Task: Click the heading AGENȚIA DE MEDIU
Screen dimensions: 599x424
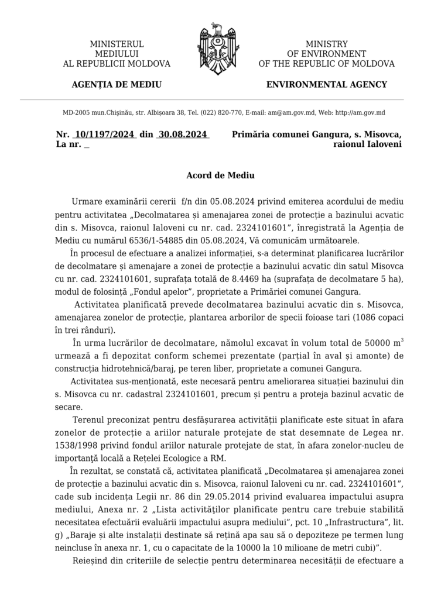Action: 117,84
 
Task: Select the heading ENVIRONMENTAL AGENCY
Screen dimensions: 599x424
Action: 326,84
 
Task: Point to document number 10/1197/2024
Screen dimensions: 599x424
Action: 102,134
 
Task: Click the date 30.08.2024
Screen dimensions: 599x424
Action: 183,134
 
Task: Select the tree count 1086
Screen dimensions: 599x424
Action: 353,317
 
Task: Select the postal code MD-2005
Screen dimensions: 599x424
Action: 78,112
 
